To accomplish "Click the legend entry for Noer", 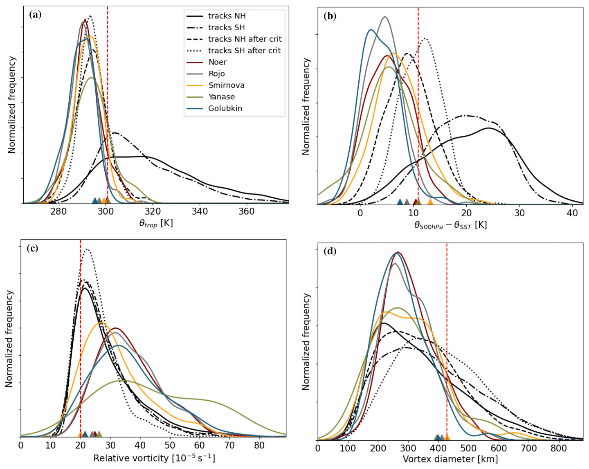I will tap(217, 62).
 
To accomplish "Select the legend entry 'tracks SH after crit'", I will tap(244, 51).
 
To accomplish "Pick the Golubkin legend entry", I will tap(225, 108).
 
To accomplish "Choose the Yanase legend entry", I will tap(221, 97).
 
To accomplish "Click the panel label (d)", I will tap(330, 251).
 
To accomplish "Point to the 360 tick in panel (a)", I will tap(246, 211).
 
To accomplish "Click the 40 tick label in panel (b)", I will tap(572, 213).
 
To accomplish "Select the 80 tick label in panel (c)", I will tap(259, 445).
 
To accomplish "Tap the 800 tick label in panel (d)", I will tap(558, 448).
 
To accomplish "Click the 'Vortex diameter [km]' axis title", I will tap(450, 459).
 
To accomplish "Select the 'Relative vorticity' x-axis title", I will tap(154, 458).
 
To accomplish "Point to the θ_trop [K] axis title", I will tap(156, 223).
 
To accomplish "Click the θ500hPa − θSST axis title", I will tap(450, 225).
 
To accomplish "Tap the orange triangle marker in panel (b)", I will tap(430, 202).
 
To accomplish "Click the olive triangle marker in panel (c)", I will tap(99, 434).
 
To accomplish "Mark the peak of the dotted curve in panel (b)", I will tap(425, 38).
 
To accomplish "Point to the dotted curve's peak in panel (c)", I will tap(87, 249).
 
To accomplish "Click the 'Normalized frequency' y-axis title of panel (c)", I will tap(9, 339).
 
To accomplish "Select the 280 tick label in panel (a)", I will tap(59, 211).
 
